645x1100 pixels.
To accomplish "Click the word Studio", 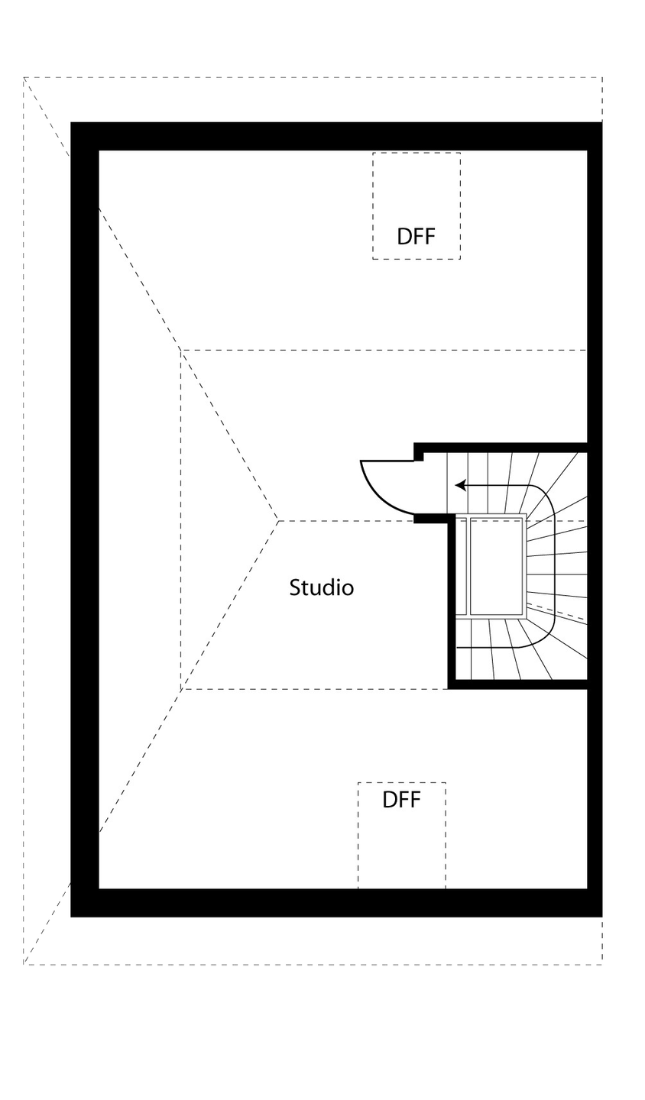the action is [x=321, y=588].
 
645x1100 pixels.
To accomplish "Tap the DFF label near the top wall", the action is [x=416, y=236].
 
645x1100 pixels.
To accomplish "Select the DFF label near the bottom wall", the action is [x=402, y=800].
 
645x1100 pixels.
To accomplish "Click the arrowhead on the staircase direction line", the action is [x=460, y=485].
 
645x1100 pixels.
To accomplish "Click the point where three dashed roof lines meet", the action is [x=278, y=520].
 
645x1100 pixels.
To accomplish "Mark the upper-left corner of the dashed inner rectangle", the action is [x=181, y=350].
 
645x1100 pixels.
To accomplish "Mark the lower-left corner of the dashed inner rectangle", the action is [x=181, y=689].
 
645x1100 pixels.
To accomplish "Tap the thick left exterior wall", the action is [x=84, y=519].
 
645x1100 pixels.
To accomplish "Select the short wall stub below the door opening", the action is [x=431, y=519].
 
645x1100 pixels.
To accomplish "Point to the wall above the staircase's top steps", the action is [x=504, y=447].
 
